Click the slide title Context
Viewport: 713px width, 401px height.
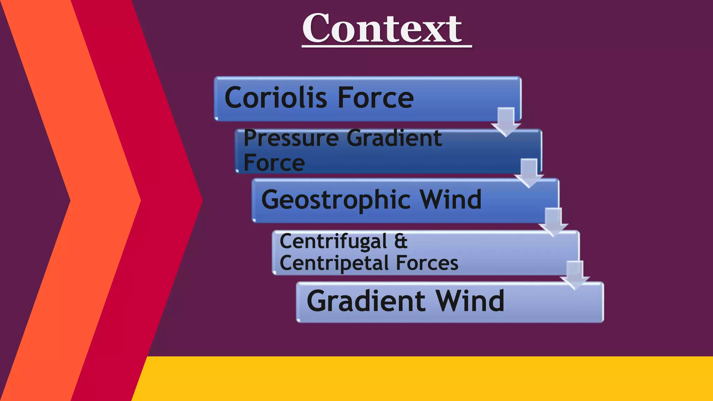382,29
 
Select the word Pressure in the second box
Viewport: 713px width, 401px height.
291,138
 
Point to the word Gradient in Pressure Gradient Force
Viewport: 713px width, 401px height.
394,138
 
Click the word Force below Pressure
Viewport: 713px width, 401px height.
274,163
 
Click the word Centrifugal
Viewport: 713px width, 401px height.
333,241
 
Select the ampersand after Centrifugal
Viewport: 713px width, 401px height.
401,241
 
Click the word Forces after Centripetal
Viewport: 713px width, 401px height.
427,263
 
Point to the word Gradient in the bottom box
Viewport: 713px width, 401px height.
366,301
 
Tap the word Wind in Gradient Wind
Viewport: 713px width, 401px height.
470,301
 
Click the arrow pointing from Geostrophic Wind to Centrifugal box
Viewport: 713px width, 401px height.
553,222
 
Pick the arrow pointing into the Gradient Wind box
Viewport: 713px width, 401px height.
575,275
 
